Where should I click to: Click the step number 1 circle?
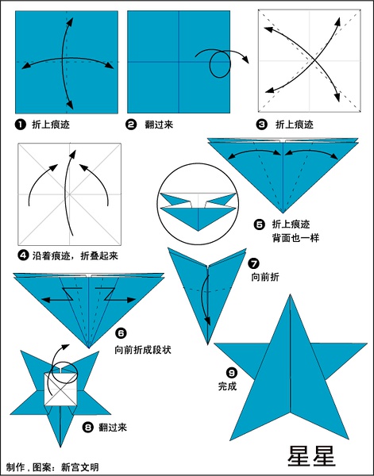point(21,125)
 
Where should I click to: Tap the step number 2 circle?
point(131,125)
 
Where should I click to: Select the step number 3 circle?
point(262,125)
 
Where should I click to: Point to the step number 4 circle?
point(23,255)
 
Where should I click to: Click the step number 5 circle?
point(259,225)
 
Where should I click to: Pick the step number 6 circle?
point(121,333)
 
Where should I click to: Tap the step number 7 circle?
point(253,263)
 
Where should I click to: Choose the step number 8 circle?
point(88,428)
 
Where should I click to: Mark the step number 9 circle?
point(232,372)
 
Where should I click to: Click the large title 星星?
point(311,456)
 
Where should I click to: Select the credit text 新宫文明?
point(80,467)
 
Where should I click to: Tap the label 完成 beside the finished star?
point(227,386)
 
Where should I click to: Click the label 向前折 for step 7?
point(265,277)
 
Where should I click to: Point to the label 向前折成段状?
point(143,350)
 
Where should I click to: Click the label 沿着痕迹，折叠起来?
point(75,256)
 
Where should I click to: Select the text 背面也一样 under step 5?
point(295,238)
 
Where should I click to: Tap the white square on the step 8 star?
point(60,390)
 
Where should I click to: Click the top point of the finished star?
point(290,294)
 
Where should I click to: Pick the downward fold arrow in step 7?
point(207,300)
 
